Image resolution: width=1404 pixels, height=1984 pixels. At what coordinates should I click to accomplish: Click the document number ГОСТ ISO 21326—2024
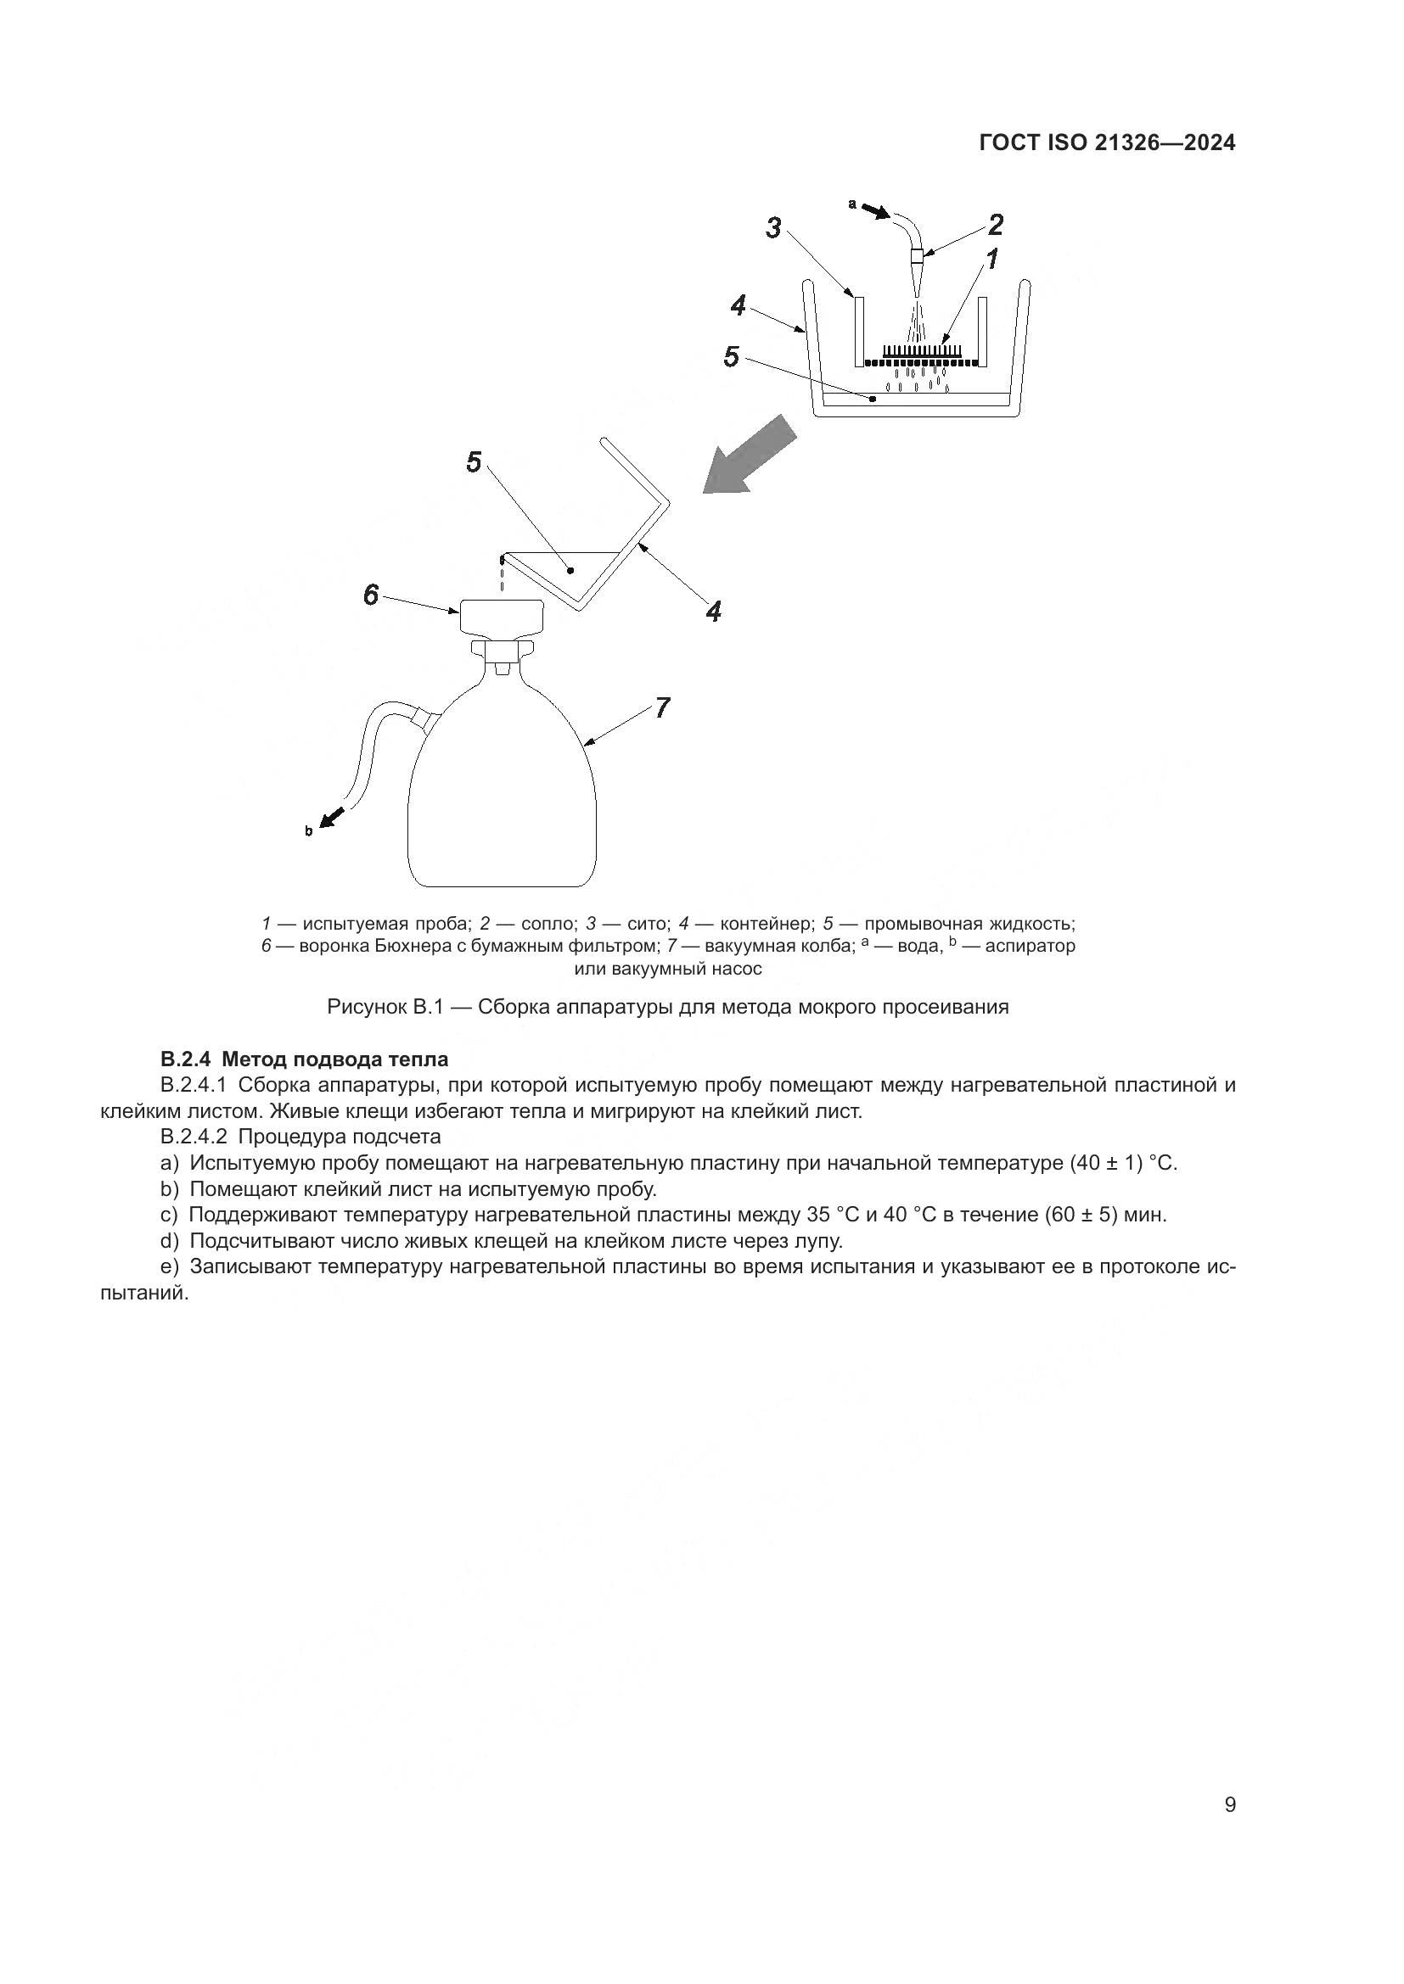[1107, 143]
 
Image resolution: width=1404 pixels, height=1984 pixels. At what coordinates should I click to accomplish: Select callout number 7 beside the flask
[661, 707]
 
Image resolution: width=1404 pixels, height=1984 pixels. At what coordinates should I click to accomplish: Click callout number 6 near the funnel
[371, 595]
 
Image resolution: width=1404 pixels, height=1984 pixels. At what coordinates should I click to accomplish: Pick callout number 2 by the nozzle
[995, 225]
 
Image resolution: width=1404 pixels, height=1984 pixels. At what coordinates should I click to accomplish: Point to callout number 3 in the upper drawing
[774, 228]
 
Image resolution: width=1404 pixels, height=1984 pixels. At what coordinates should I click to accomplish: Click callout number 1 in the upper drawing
[992, 259]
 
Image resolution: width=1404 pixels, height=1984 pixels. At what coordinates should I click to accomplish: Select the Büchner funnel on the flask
[501, 616]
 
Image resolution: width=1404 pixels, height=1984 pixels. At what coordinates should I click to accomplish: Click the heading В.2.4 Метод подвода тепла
[305, 1059]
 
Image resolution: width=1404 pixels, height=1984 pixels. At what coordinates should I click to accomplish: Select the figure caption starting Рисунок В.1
[667, 1007]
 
